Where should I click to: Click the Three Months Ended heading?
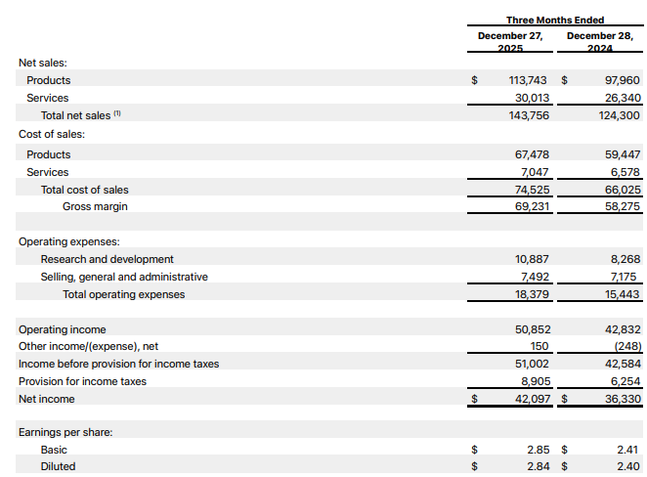pos(555,20)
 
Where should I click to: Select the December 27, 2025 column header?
pos(509,41)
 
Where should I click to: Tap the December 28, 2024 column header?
pos(599,41)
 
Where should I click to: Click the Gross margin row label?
pos(95,206)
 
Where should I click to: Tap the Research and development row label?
pos(107,259)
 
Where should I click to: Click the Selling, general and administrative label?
pos(124,277)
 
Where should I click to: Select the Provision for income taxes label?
pos(82,381)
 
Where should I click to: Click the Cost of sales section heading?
pos(52,134)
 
